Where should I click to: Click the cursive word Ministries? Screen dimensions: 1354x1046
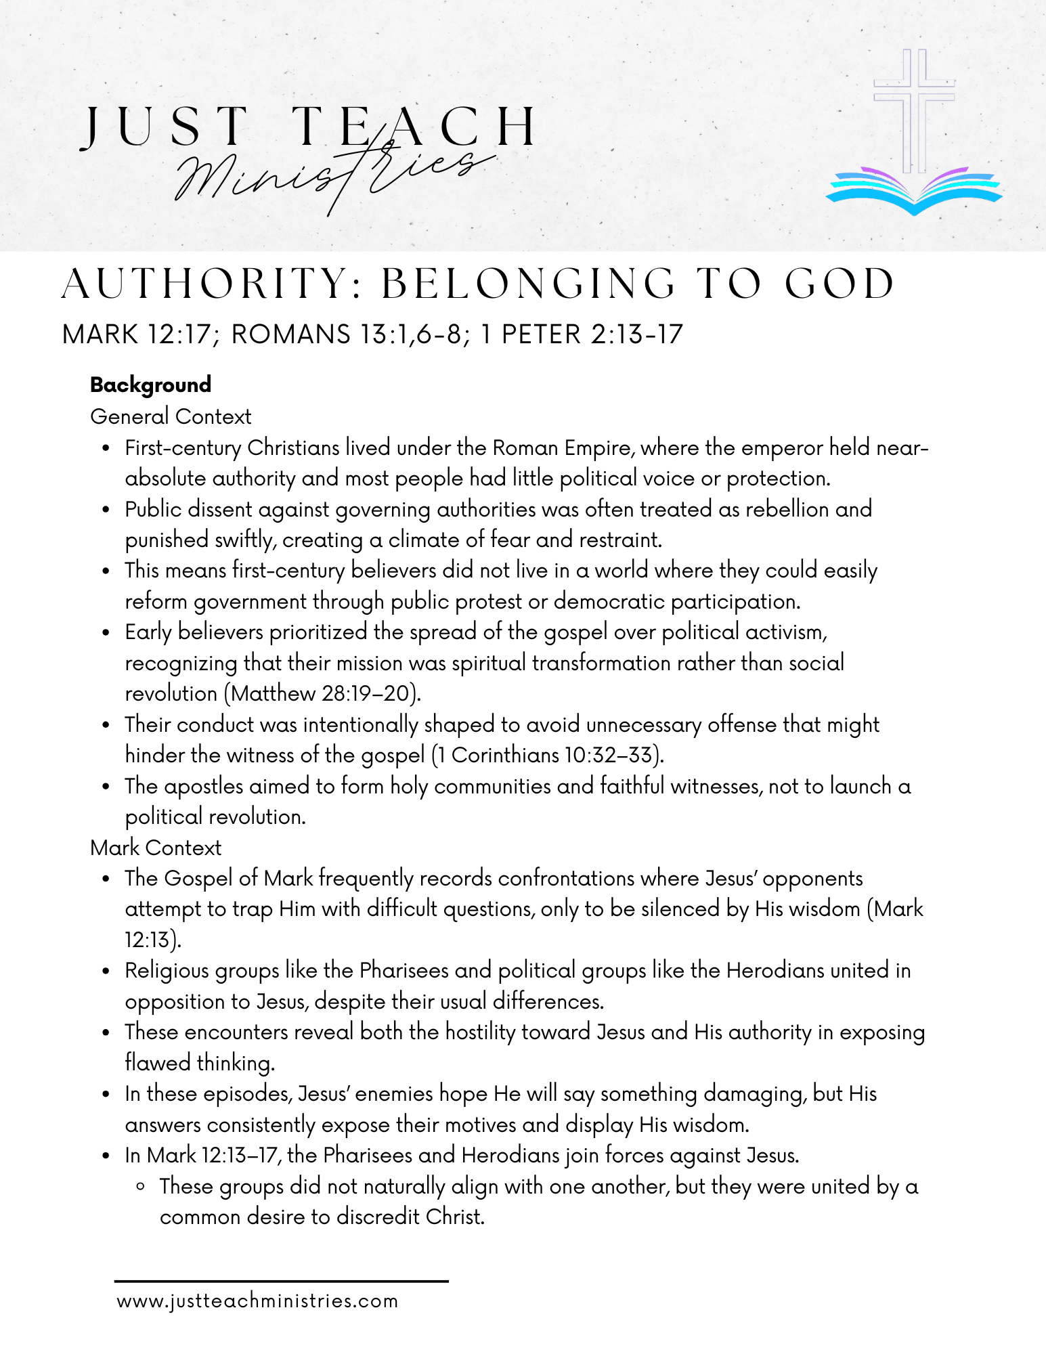pos(332,173)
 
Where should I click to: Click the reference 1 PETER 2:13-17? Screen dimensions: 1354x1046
pos(582,334)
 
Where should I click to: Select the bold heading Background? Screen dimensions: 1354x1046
pos(150,385)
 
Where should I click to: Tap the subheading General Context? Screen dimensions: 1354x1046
pos(171,416)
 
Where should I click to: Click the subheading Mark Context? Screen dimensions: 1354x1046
pos(156,848)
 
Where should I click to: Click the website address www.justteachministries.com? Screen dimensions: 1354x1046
pos(257,1301)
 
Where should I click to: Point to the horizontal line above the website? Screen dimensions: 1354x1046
pos(281,1281)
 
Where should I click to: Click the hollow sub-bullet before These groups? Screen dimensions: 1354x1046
pos(140,1187)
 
